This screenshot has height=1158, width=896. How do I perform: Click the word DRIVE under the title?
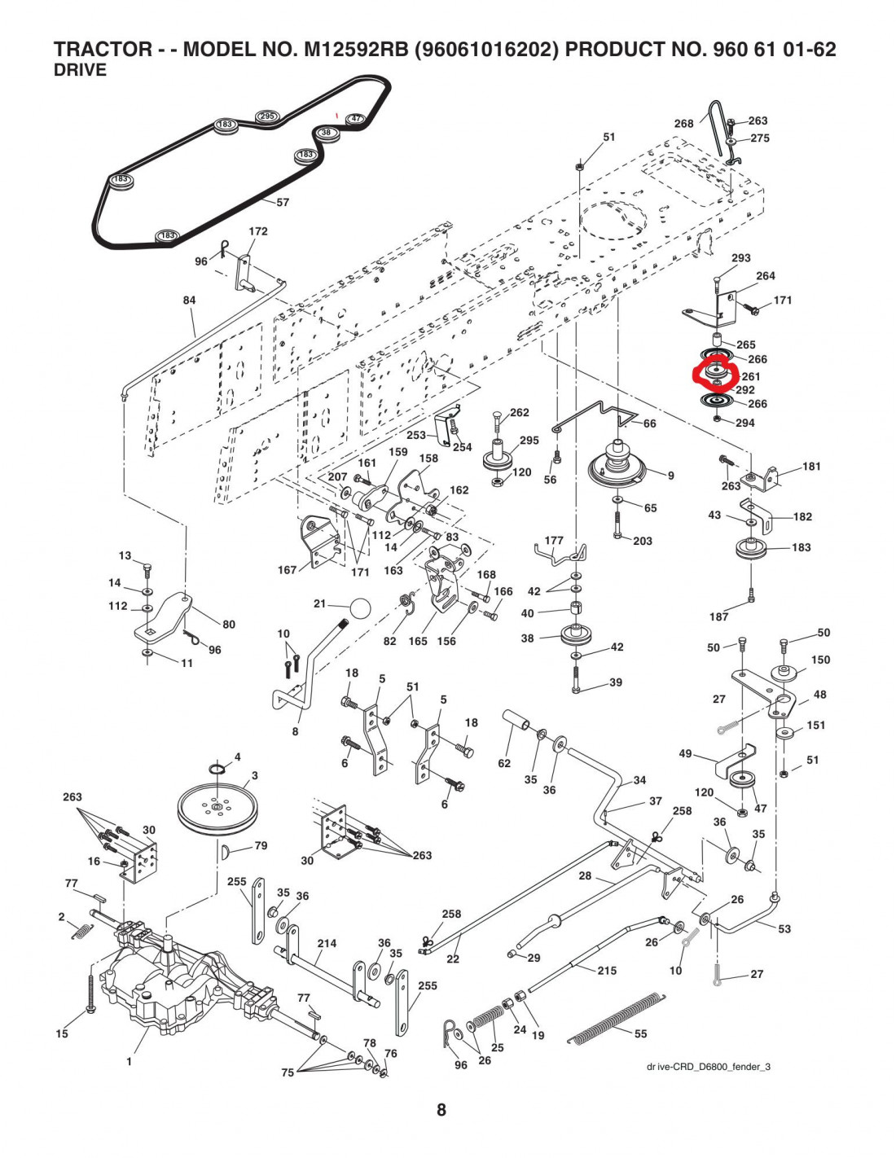point(80,70)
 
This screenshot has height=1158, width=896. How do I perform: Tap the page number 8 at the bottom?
point(441,1109)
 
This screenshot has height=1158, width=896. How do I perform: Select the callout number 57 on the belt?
point(283,202)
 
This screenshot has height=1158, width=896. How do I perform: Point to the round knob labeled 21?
point(359,608)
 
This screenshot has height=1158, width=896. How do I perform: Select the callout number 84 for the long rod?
point(189,300)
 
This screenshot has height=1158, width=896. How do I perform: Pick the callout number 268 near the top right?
point(683,124)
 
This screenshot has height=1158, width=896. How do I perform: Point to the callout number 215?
point(607,971)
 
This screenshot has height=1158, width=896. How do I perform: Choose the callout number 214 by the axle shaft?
point(327,944)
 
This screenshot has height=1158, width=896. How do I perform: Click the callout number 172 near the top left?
point(258,231)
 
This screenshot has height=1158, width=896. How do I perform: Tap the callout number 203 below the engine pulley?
point(643,541)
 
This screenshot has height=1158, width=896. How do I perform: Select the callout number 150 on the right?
point(820,660)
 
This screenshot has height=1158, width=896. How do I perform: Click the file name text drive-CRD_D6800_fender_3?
point(708,1067)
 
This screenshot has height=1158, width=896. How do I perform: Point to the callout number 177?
point(554,540)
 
